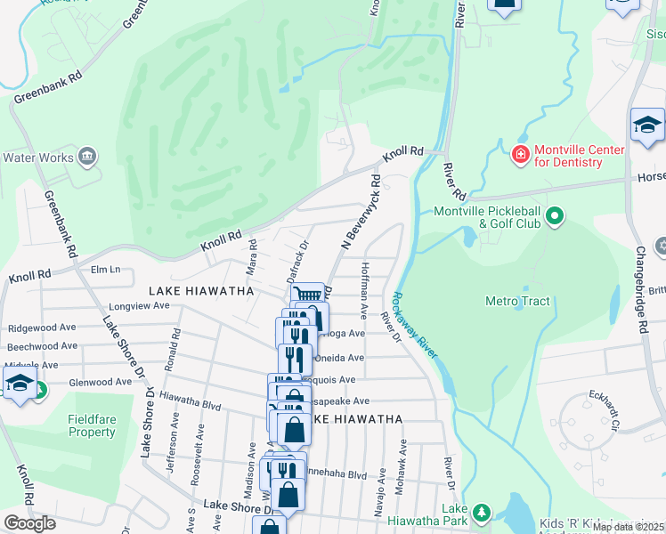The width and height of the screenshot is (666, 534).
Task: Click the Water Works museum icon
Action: pyautogui.click(x=87, y=158)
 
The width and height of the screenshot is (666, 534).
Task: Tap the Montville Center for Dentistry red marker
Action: pyautogui.click(x=520, y=156)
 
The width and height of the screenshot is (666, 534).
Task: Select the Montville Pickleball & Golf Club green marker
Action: pyautogui.click(x=556, y=216)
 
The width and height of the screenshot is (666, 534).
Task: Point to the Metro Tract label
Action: pyautogui.click(x=517, y=302)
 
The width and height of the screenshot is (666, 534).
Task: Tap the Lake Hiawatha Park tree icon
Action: pyautogui.click(x=482, y=513)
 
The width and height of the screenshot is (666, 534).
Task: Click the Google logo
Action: pyautogui.click(x=29, y=523)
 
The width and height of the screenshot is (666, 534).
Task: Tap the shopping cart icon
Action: pyautogui.click(x=307, y=295)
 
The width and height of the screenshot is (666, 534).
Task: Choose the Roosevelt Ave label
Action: pyautogui.click(x=200, y=453)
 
